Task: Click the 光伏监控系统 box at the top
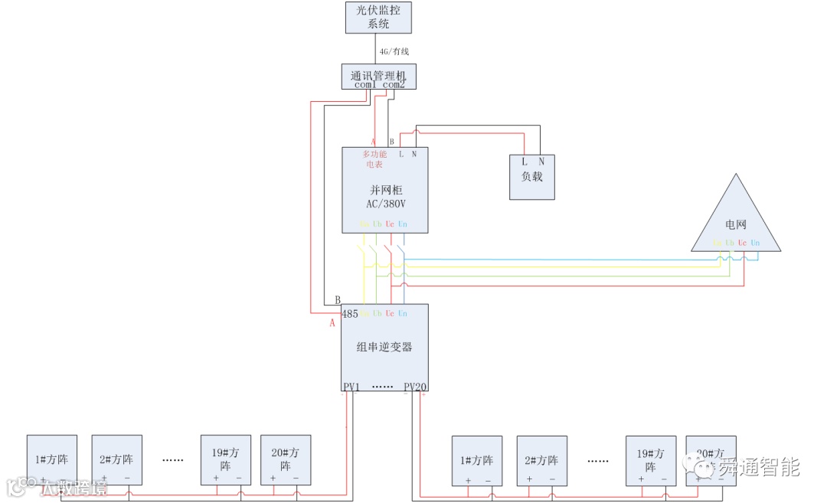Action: click(x=378, y=17)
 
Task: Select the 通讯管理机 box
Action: click(x=378, y=77)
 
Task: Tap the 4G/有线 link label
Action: click(x=394, y=51)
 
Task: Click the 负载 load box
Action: click(x=532, y=176)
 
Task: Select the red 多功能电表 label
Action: click(x=374, y=159)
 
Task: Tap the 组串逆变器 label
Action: click(x=384, y=346)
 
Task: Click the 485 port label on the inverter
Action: click(x=350, y=313)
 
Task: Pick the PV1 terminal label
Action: click(x=351, y=387)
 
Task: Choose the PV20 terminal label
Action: click(x=415, y=387)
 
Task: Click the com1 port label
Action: click(x=366, y=85)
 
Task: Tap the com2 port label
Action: click(x=394, y=85)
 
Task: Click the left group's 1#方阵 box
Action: click(x=52, y=459)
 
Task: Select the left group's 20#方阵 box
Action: click(x=286, y=459)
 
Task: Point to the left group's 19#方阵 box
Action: click(x=226, y=459)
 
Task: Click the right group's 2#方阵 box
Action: click(x=541, y=461)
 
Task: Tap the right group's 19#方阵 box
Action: click(x=651, y=461)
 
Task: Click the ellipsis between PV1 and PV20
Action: click(x=382, y=387)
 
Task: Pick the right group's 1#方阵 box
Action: click(x=476, y=461)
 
